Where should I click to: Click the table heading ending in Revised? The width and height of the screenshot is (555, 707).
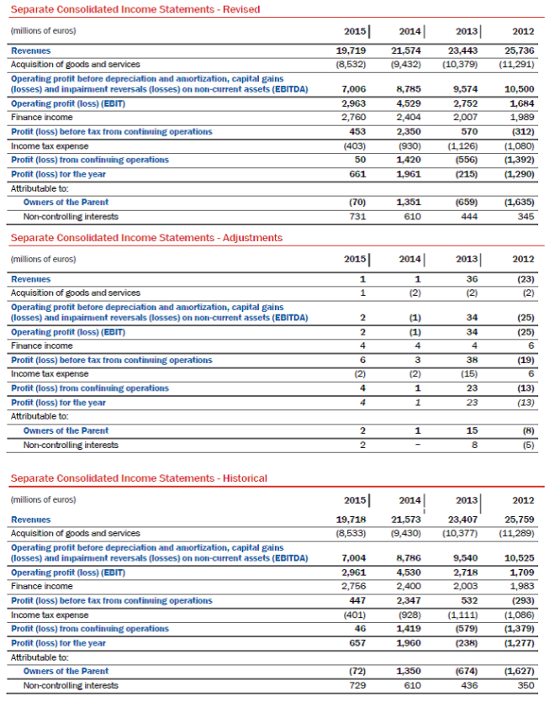[x=135, y=9]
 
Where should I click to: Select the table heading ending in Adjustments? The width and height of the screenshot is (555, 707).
[x=146, y=238]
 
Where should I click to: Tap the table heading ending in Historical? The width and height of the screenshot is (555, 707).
[x=139, y=478]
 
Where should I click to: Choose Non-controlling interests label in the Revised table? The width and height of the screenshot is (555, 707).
[x=71, y=216]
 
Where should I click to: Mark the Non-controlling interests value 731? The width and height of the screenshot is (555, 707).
[x=355, y=216]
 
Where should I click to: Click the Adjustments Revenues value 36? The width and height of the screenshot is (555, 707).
[x=473, y=278]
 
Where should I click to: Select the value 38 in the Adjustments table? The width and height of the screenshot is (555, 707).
[x=473, y=360]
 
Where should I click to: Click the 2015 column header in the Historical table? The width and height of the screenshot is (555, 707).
[x=354, y=500]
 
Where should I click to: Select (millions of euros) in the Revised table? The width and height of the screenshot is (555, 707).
[x=43, y=31]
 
